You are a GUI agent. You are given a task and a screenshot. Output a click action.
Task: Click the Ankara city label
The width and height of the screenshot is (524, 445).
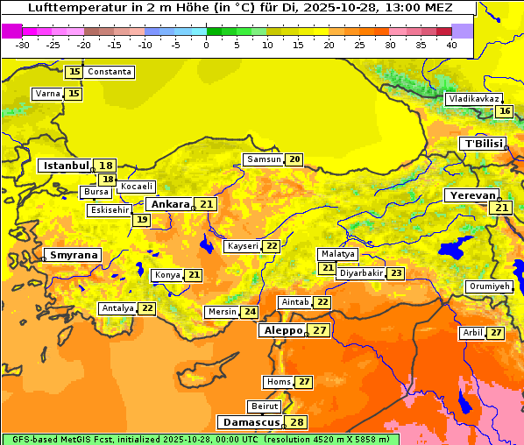point(169,204)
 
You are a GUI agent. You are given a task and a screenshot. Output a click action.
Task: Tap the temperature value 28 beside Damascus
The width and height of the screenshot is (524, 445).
point(298,422)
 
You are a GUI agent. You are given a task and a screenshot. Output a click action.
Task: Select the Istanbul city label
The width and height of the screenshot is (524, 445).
point(67,166)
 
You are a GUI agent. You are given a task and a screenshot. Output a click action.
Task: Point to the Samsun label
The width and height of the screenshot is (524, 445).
point(264,159)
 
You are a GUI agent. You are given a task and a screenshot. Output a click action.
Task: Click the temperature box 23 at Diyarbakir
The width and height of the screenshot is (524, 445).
point(397,273)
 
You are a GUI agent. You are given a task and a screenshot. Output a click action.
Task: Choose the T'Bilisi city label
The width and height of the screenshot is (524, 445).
point(483,144)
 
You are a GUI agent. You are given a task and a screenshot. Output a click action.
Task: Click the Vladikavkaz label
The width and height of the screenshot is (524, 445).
point(474,99)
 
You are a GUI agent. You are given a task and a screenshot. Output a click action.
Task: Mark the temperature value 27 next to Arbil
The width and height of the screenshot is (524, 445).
point(496,333)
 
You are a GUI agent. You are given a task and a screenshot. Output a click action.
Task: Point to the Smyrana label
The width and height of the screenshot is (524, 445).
point(74,255)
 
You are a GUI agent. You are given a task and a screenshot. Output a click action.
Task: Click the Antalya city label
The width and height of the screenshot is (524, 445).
point(117,308)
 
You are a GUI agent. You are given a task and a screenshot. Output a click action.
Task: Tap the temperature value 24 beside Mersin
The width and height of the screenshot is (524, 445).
point(250,312)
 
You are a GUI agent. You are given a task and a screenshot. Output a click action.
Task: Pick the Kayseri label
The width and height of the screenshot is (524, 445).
point(243,246)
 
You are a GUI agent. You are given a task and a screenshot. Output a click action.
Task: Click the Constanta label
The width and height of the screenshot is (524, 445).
point(110,72)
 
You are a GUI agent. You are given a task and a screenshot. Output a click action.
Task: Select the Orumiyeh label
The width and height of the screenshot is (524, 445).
point(488,286)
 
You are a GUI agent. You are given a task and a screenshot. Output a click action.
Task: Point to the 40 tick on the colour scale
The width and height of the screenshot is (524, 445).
point(451,45)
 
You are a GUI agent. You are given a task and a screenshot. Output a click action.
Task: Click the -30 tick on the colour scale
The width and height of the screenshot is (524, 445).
point(23,45)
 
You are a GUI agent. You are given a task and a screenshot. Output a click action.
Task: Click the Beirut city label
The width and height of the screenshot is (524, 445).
point(265,406)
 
